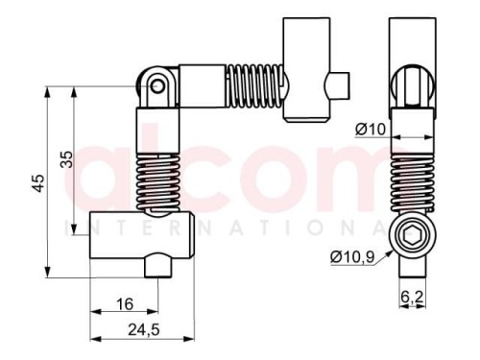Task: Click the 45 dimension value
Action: (x=39, y=183)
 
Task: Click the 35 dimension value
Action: (x=66, y=159)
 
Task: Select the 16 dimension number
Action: (x=125, y=304)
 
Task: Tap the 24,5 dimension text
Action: (x=144, y=329)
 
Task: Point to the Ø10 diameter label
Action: (x=371, y=130)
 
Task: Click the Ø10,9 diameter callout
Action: (x=352, y=256)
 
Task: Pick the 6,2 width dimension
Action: (x=412, y=297)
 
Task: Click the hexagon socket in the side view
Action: (x=412, y=236)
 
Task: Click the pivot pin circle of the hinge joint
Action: (x=157, y=86)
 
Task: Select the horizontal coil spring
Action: (x=254, y=86)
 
